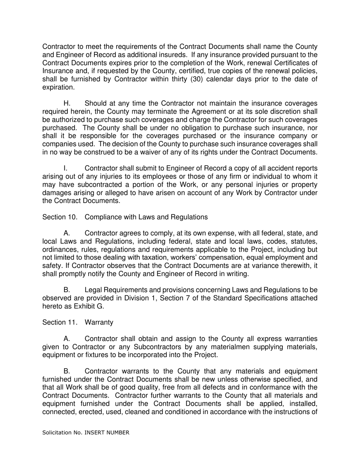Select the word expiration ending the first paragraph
click(x=58, y=87)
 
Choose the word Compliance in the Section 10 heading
click(x=103, y=217)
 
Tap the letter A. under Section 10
click(x=67, y=233)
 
